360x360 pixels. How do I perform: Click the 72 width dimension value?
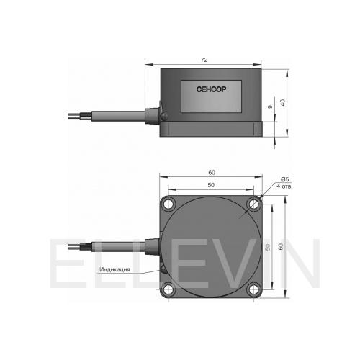tap(204, 60)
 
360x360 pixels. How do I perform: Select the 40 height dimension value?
tap(283, 102)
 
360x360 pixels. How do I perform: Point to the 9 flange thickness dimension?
tap(270, 107)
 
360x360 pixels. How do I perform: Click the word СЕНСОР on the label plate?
tap(211, 89)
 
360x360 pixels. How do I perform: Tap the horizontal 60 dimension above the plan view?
tap(212, 172)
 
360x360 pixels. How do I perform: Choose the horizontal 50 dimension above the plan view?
tap(211, 185)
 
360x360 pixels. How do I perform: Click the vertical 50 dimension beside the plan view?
tap(268, 247)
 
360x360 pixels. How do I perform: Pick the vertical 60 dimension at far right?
tap(281, 246)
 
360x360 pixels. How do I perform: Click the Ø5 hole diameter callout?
tap(285, 179)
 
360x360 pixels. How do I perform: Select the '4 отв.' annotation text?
tap(284, 186)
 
